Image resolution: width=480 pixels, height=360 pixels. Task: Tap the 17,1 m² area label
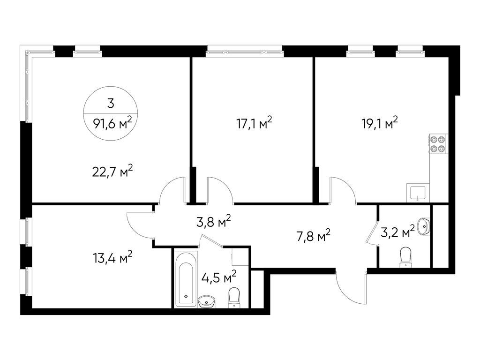click(254, 123)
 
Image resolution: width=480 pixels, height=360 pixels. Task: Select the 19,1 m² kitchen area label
click(380, 123)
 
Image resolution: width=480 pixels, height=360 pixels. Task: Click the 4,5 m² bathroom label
click(219, 277)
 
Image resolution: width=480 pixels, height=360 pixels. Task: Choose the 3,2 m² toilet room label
click(397, 232)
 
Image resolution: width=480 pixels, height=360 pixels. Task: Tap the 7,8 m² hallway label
click(314, 235)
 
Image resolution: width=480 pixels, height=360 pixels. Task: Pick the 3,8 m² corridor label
click(213, 221)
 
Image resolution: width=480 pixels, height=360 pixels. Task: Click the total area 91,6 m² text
click(112, 123)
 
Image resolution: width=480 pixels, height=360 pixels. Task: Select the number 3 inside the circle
click(111, 104)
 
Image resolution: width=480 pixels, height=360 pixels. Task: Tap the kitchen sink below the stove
click(418, 193)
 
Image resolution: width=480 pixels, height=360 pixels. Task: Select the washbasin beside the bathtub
click(207, 301)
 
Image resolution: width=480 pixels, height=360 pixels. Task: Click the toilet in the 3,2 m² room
click(405, 257)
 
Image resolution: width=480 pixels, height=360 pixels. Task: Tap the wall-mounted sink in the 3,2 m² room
click(424, 226)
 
